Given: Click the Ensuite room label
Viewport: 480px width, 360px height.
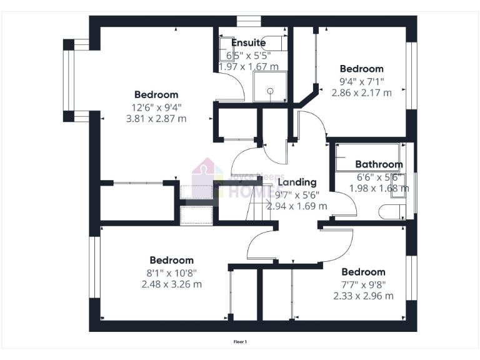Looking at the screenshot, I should [x=248, y=43].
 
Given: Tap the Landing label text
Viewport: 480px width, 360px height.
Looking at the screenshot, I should [x=297, y=182].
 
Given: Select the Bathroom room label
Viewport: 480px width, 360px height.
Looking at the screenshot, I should [x=379, y=165].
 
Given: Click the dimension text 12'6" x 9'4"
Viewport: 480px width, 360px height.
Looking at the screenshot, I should [x=156, y=107].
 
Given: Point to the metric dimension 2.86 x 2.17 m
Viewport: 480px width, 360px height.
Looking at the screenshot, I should [x=361, y=92].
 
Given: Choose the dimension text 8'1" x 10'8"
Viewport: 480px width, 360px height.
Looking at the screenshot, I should [x=171, y=272].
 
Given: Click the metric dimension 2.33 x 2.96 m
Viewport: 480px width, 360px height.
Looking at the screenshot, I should [x=363, y=296].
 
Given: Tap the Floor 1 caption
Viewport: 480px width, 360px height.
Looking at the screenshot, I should [x=240, y=342].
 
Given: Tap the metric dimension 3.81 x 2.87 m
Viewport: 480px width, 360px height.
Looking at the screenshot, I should [x=156, y=118].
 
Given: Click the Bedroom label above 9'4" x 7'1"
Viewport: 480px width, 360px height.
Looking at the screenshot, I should [x=361, y=69].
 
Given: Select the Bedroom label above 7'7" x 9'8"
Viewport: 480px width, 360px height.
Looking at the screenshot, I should [x=363, y=272].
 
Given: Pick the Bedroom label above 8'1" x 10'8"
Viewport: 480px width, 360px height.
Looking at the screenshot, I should [x=171, y=260].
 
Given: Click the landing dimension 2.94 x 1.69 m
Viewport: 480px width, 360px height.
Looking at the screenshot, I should [x=297, y=206].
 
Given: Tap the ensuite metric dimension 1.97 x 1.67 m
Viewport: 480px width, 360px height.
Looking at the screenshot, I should [x=248, y=66].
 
